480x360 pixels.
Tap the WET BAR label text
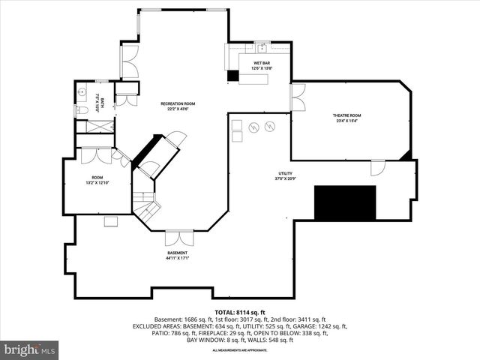[262, 63]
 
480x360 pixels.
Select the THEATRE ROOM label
[347, 115]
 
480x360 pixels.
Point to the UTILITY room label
[286, 173]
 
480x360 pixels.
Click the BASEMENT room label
[178, 253]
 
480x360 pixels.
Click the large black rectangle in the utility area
[345, 202]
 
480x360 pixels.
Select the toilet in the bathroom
[82, 111]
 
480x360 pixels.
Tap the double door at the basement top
[178, 237]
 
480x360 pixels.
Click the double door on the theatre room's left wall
[298, 98]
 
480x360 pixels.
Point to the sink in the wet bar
[261, 46]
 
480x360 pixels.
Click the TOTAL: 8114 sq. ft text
[240, 312]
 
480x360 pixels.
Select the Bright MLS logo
[30, 349]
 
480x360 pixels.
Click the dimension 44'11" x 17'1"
[178, 259]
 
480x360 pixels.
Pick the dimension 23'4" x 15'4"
[347, 121]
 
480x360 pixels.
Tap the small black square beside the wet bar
[233, 76]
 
